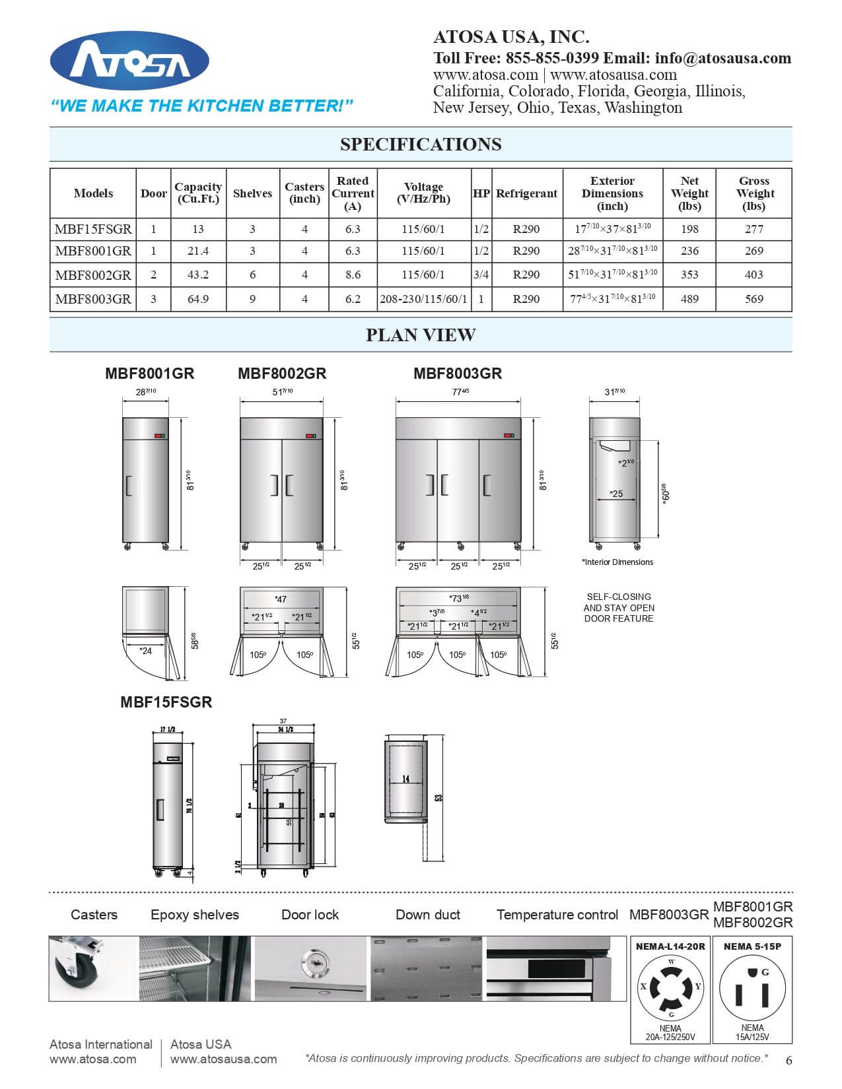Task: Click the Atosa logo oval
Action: tap(129, 61)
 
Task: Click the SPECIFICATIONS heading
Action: tap(421, 145)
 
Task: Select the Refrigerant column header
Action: tap(526, 193)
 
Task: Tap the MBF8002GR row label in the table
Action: tap(93, 275)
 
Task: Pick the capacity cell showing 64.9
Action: tap(198, 299)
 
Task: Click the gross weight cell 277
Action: tap(754, 229)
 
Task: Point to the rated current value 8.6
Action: tap(353, 275)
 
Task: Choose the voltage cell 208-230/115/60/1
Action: tap(423, 299)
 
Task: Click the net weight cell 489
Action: tap(689, 299)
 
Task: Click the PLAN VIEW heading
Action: tap(421, 335)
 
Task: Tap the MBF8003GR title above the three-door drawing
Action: tap(458, 374)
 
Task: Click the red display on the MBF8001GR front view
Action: tap(158, 436)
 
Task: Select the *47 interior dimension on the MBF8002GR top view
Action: tap(281, 599)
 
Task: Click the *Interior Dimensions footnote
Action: tap(617, 562)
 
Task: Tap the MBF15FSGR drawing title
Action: tap(166, 702)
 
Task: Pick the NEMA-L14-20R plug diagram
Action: tap(670, 988)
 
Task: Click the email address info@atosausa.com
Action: tap(722, 58)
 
